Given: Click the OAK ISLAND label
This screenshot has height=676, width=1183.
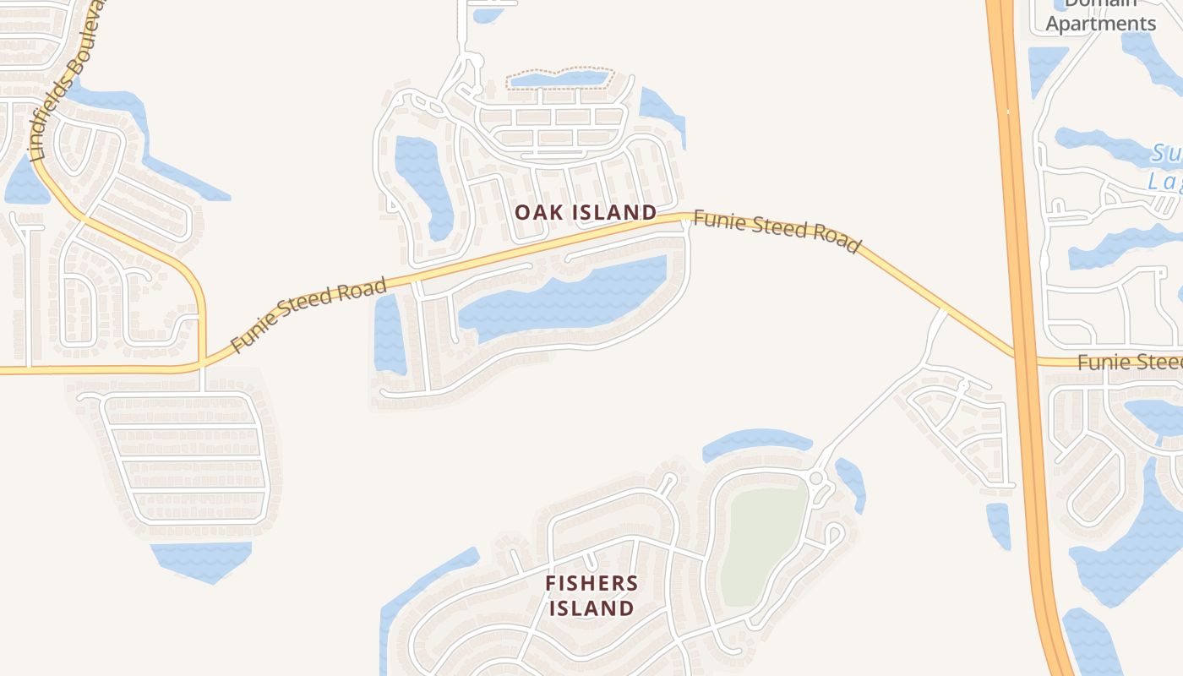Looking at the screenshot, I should (x=586, y=212).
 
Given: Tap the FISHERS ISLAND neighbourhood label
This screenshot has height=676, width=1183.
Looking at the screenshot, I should (x=591, y=596).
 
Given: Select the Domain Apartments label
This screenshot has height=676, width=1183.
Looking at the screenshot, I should (x=1100, y=15).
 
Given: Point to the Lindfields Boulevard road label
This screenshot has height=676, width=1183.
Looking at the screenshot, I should (x=66, y=80).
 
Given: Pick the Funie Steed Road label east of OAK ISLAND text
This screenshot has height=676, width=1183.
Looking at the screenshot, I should (x=776, y=231).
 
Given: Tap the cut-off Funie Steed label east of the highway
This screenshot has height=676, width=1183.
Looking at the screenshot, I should (x=1129, y=363).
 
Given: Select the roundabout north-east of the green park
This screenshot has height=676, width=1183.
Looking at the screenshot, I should (x=816, y=478).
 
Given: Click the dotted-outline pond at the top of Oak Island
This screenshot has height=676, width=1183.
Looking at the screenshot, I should (x=558, y=79).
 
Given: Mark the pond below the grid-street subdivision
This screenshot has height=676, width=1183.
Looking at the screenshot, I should (x=201, y=559).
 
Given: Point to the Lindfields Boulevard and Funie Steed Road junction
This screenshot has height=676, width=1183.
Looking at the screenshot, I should (x=202, y=366).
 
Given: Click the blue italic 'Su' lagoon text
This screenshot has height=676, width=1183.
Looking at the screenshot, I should (x=1166, y=155).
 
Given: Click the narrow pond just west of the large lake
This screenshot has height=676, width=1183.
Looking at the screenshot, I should (x=389, y=334).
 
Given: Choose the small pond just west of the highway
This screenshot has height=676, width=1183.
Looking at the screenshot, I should (x=999, y=524).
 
